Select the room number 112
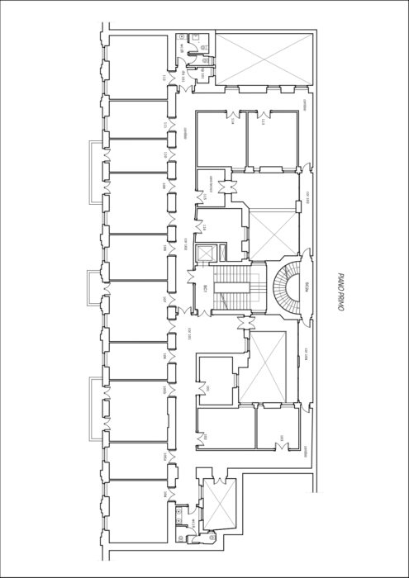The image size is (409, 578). coord(166,78)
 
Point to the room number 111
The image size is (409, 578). coord(166,125)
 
